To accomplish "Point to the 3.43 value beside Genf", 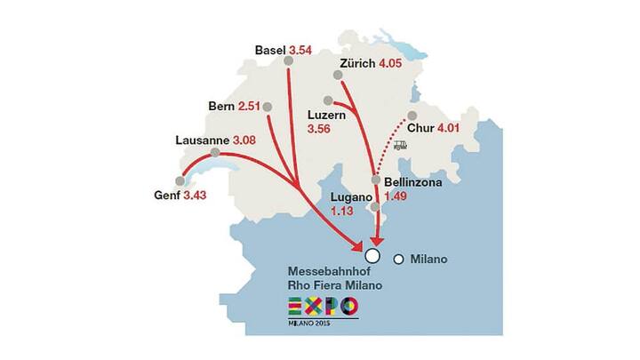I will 195,195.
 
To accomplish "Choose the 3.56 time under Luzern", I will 319,130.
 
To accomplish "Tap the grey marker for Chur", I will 412,117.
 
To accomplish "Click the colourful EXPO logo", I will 324,307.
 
